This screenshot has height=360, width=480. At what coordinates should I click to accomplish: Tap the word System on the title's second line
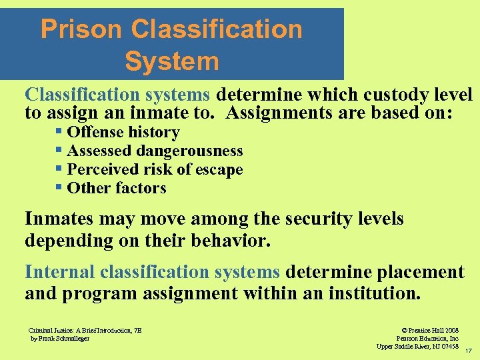click(x=171, y=61)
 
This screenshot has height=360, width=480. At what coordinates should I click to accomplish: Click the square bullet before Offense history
click(x=59, y=132)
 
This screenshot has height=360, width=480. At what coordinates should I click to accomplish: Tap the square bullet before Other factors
click(x=59, y=188)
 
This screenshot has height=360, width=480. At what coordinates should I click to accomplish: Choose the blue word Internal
click(x=59, y=272)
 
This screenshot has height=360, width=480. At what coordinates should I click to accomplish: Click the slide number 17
click(x=469, y=351)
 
